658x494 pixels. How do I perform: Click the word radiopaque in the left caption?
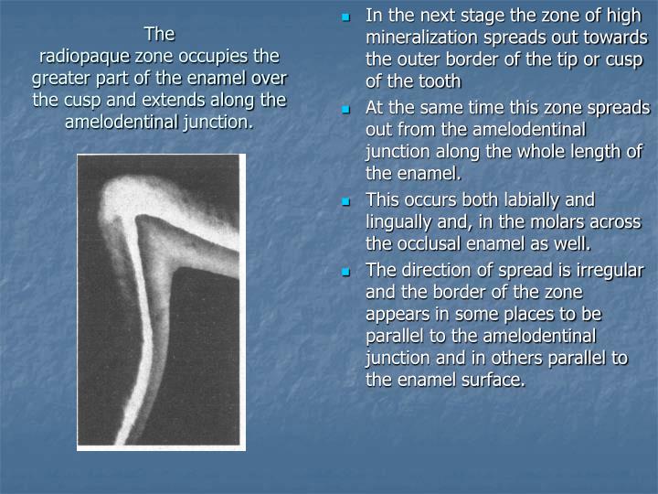(85, 57)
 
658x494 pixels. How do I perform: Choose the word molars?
(558, 221)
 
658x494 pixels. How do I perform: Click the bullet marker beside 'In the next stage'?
(346, 16)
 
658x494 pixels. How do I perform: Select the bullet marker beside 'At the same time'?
(346, 108)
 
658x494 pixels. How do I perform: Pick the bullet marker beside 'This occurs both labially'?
(346, 200)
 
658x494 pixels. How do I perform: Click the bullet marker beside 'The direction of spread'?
(346, 271)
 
